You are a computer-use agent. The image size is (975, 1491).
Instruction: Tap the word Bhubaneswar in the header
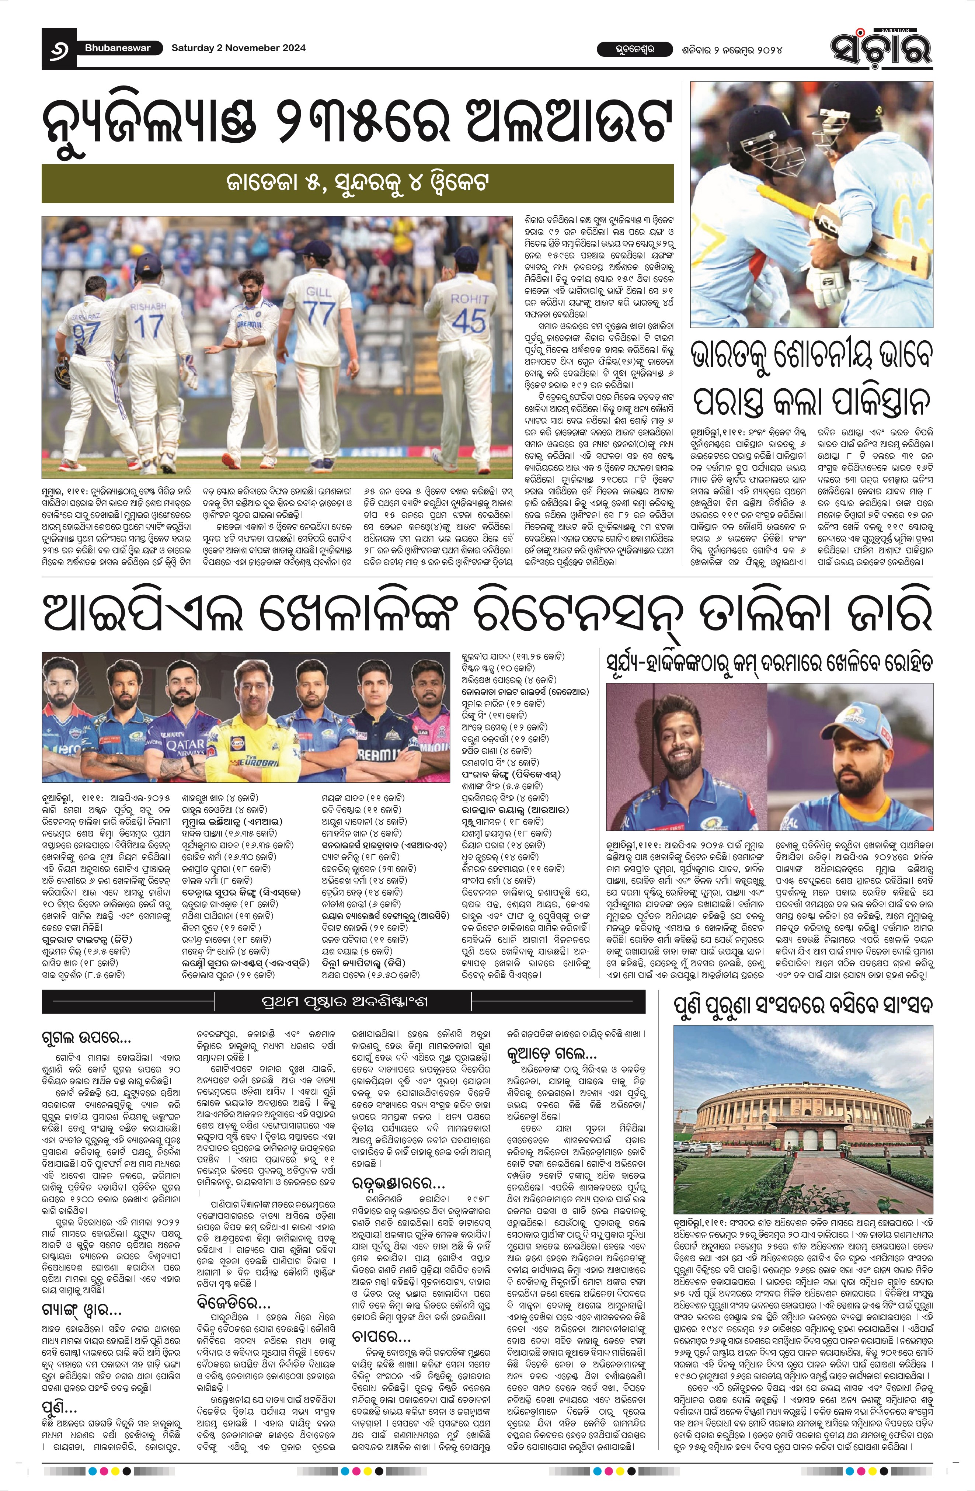pos(118,48)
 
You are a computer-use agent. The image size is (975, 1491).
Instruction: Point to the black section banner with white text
pos(343,1001)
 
